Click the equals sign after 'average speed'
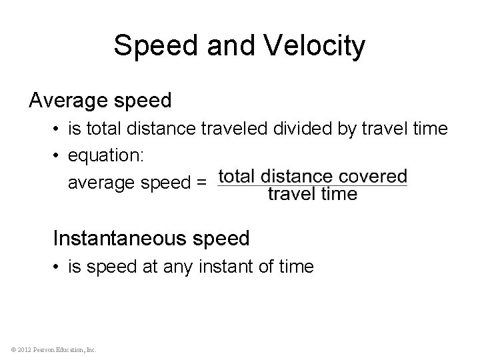tap(201, 181)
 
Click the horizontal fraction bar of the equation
tap(312, 185)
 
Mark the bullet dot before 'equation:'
tap(58, 155)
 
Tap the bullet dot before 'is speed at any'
tap(58, 267)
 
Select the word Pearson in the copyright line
tap(41, 349)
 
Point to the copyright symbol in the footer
tap(7, 349)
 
